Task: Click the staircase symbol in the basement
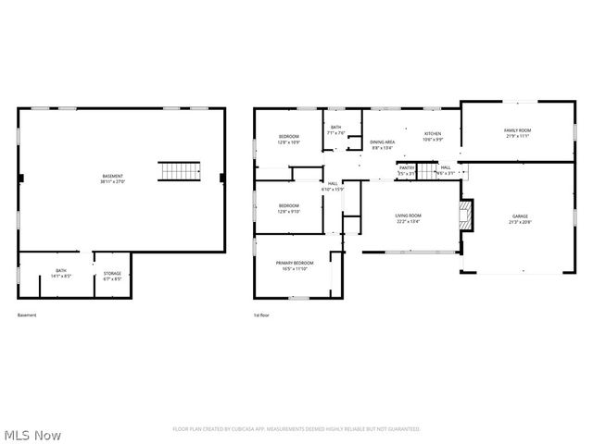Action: pyautogui.click(x=181, y=172)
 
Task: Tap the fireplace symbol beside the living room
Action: pyautogui.click(x=468, y=216)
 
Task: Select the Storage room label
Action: pyautogui.click(x=112, y=273)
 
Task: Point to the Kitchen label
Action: pyautogui.click(x=433, y=134)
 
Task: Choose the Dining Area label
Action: pyautogui.click(x=383, y=142)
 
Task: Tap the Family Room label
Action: pyautogui.click(x=516, y=131)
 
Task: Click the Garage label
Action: pyautogui.click(x=520, y=216)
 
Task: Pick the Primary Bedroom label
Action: pyautogui.click(x=296, y=263)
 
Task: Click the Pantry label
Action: pyautogui.click(x=407, y=167)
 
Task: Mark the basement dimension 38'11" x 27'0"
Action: pyautogui.click(x=112, y=182)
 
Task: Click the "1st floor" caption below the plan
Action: pyautogui.click(x=261, y=316)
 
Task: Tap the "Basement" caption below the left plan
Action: pyautogui.click(x=27, y=316)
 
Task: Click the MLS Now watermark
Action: pyautogui.click(x=32, y=434)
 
